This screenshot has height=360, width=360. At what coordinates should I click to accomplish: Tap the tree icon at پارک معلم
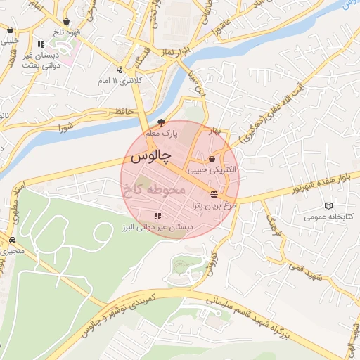click(x=161, y=122)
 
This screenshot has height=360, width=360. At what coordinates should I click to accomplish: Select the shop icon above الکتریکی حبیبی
click(x=212, y=160)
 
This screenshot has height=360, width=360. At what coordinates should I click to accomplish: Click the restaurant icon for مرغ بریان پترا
click(x=214, y=194)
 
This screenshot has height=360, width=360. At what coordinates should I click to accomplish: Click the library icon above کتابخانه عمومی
click(x=328, y=205)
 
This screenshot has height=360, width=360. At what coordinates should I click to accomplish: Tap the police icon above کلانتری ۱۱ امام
click(x=120, y=70)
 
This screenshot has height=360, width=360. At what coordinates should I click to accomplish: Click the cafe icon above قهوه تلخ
click(x=66, y=22)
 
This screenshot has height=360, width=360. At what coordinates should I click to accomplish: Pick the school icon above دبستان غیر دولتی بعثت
click(x=41, y=45)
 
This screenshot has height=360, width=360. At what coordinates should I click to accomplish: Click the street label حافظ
click(x=123, y=110)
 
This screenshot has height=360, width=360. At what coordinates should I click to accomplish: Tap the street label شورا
click(x=66, y=128)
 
